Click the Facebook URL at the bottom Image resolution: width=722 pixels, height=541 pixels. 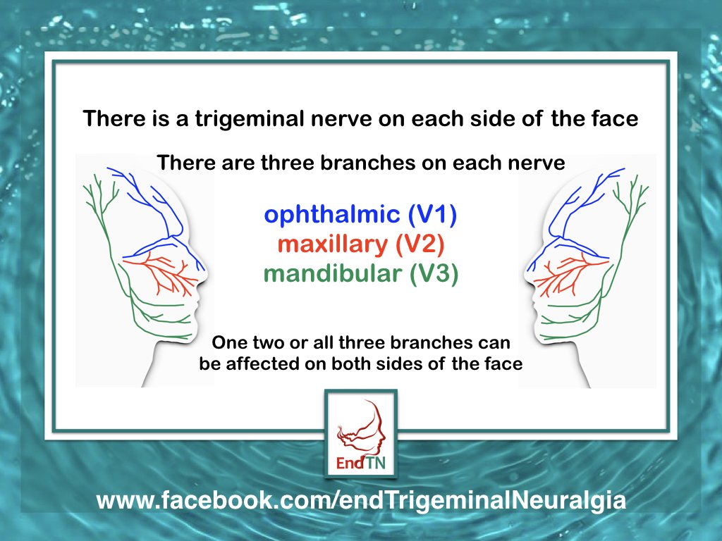360,501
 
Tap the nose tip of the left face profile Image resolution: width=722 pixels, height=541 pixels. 209,268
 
